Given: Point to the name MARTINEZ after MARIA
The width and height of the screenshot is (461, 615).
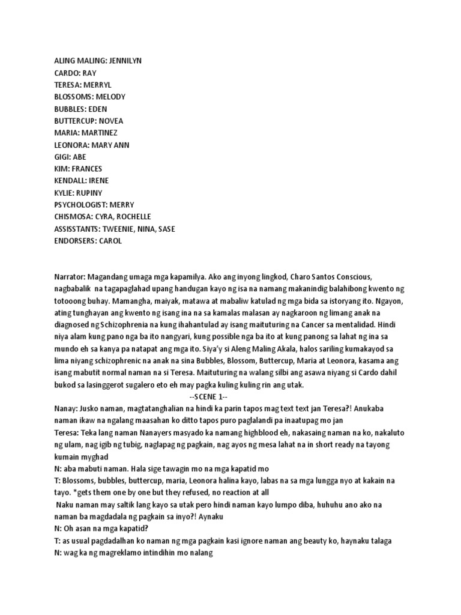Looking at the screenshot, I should (107, 133).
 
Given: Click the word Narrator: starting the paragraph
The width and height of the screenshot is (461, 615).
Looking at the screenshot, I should (70, 277).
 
